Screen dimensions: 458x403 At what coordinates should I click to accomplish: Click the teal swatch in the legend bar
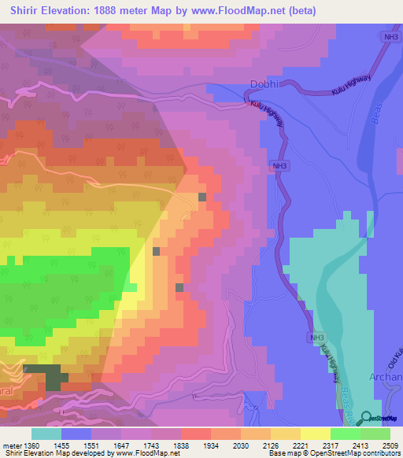click(46, 434)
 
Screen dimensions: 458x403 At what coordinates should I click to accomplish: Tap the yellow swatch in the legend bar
click(316, 434)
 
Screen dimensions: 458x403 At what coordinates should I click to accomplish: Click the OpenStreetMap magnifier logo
click(367, 418)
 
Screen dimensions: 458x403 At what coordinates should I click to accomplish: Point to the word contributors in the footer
click(381, 454)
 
